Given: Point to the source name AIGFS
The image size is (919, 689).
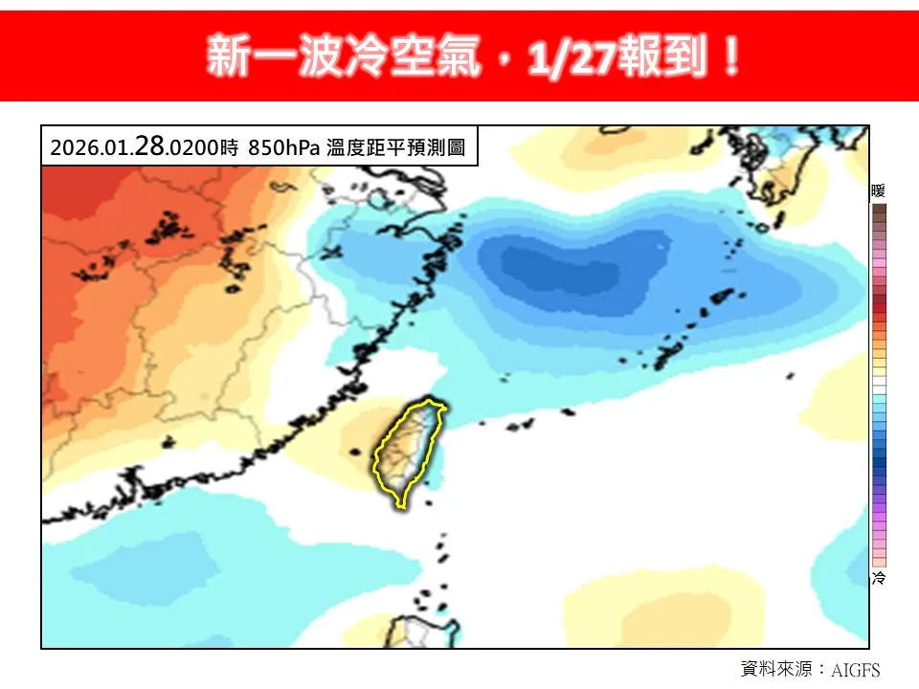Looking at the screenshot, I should click(x=854, y=670).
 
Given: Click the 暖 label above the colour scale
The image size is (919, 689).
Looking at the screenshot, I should click(x=878, y=191).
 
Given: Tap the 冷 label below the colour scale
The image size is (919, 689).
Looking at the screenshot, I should click(x=878, y=578).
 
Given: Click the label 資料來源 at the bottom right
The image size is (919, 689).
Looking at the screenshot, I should click(x=775, y=669).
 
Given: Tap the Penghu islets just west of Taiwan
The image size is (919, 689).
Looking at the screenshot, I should click(x=357, y=451).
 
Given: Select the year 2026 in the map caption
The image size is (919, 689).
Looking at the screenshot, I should click(x=70, y=148).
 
